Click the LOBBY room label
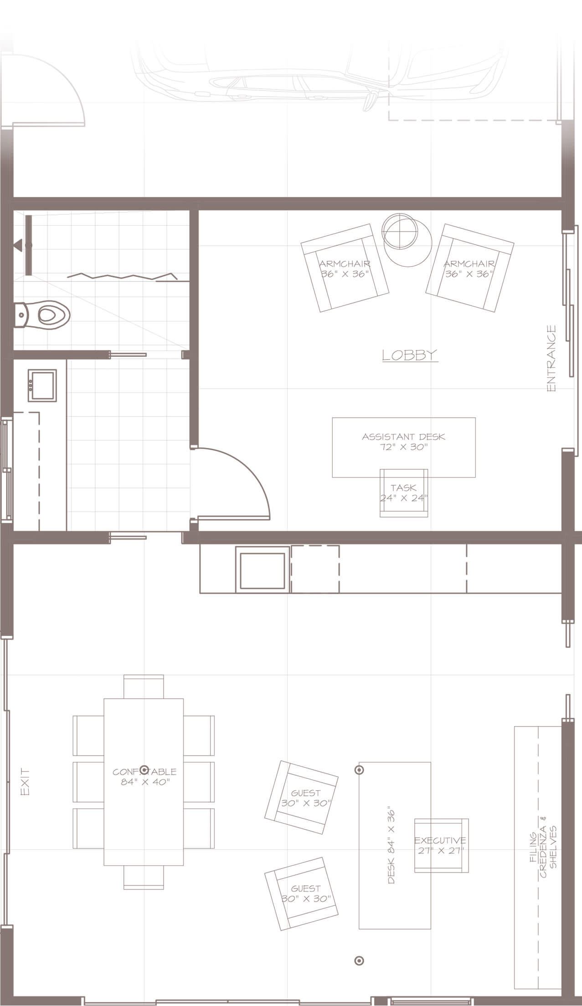tap(410, 355)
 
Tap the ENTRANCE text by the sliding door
tap(551, 359)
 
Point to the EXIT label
tap(25, 782)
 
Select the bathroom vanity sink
tap(42, 386)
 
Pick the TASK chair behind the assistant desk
tap(404, 493)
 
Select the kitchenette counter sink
tap(262, 569)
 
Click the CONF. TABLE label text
tap(144, 772)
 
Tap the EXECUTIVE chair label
tap(440, 840)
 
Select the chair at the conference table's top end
tap(144, 687)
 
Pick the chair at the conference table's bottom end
tap(144, 877)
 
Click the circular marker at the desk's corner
tap(359, 770)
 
